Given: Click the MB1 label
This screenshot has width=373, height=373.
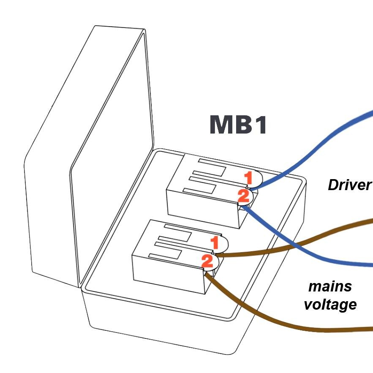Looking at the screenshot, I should click(x=238, y=125).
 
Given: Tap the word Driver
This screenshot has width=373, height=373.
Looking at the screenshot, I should click(x=349, y=185).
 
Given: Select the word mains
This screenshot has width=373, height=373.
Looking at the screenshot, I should click(x=330, y=286).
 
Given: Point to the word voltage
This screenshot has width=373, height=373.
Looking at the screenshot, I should click(x=330, y=304).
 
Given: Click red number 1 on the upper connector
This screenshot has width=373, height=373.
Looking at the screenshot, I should click(x=249, y=178).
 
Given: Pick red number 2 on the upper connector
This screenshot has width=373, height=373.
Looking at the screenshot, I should click(x=244, y=196).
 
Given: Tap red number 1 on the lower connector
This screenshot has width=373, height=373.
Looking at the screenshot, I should click(x=215, y=243).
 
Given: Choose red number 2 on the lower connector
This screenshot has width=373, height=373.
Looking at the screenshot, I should click(x=207, y=261).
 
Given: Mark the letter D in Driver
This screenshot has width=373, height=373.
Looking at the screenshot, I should click(x=334, y=185).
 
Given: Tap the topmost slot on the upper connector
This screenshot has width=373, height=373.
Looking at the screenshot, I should click(x=211, y=166).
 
